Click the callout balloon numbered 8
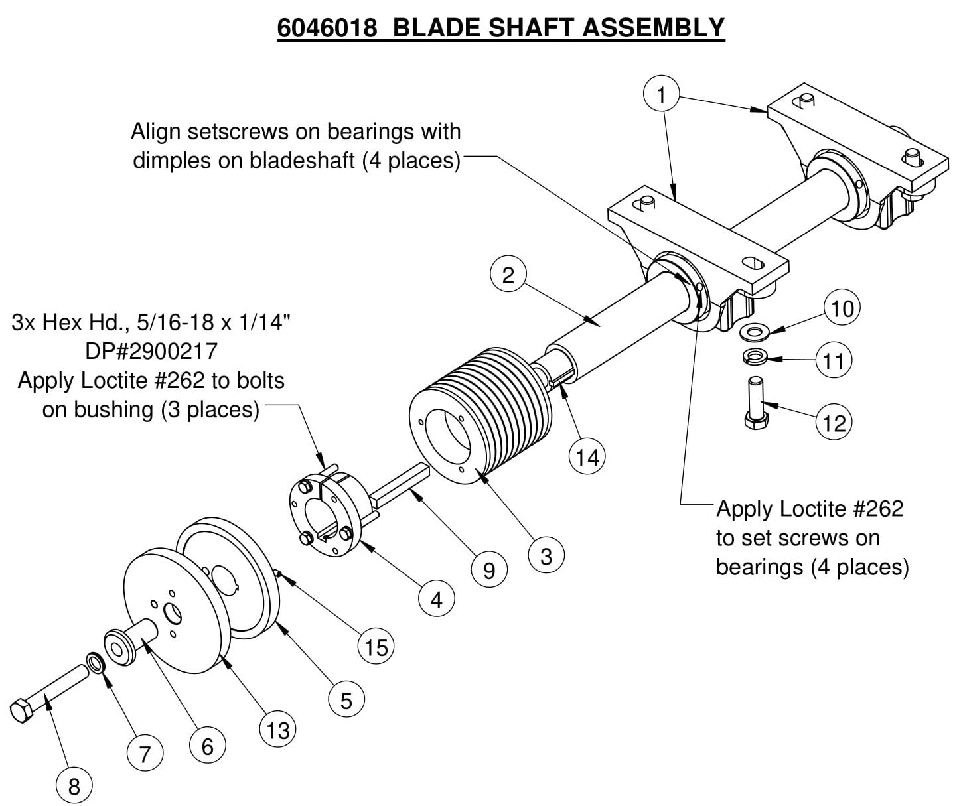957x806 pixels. (x=74, y=787)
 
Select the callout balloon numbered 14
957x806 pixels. (x=588, y=457)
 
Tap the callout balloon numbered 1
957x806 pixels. (x=661, y=94)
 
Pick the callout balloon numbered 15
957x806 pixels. (x=376, y=647)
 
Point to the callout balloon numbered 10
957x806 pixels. (x=842, y=308)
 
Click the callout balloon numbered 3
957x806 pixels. (x=546, y=556)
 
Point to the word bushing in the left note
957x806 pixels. (x=111, y=409)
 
